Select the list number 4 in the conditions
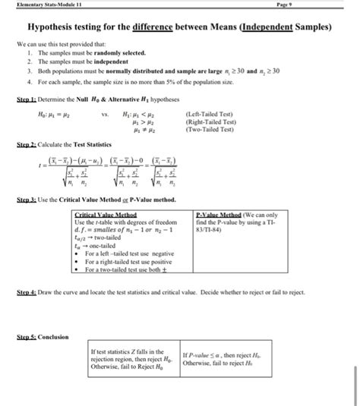(29, 79)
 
